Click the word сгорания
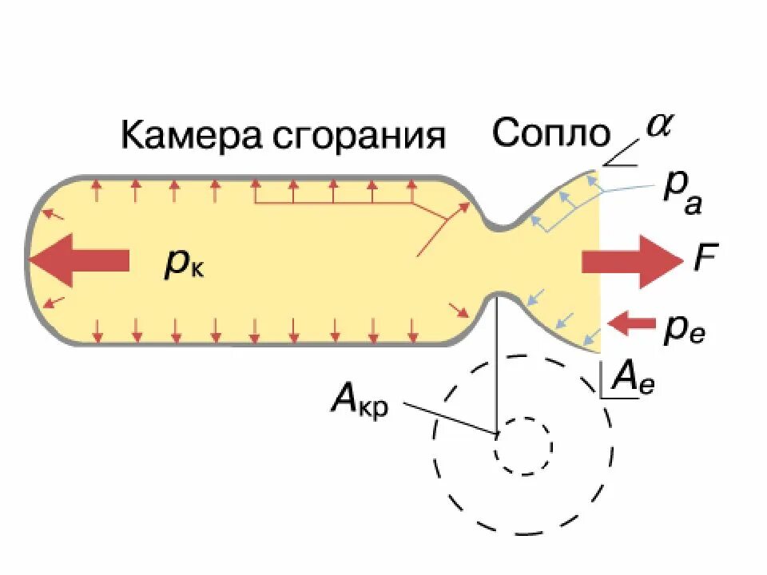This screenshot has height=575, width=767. coord(360,137)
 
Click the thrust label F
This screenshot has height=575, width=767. coord(705,259)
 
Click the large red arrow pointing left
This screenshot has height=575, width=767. coord(78,260)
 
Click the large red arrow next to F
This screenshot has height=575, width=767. coord(631,260)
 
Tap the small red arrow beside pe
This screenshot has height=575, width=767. coord(631,323)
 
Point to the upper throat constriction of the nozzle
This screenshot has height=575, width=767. coord(500,223)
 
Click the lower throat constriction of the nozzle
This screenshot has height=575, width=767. coord(500,295)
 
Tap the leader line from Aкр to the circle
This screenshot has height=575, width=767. coord(447,418)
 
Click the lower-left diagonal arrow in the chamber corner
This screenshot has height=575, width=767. coord(54,302)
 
